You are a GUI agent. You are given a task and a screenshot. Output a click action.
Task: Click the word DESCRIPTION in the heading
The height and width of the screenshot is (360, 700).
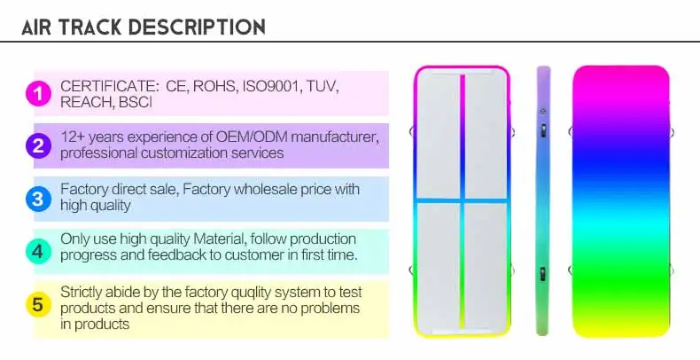click(197, 27)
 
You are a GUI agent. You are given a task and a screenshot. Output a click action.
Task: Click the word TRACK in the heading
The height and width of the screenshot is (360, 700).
click(91, 27)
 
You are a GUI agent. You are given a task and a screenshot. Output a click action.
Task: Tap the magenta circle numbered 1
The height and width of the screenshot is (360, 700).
click(37, 93)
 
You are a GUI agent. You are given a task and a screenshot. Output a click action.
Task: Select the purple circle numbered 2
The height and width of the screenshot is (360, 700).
click(37, 146)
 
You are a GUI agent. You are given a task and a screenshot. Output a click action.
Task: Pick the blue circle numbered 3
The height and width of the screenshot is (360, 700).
click(37, 199)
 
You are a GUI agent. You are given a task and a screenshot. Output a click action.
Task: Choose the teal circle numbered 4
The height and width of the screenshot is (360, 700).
click(37, 252)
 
